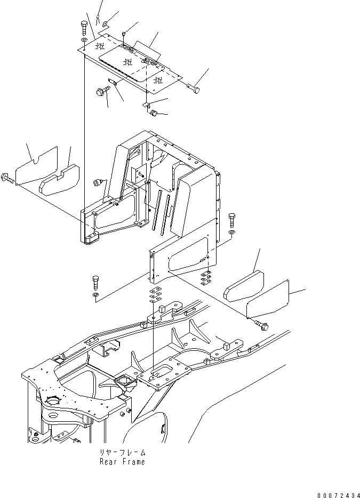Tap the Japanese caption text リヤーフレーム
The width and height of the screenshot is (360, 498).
click(122, 452)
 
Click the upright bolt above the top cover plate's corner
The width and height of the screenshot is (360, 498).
click(84, 28)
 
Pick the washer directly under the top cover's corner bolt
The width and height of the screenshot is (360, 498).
click(84, 39)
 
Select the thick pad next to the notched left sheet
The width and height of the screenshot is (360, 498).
click(59, 180)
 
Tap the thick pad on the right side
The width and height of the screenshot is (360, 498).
click(244, 286)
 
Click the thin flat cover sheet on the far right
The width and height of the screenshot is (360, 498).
click(268, 299)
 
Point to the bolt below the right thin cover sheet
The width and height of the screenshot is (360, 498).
click(261, 325)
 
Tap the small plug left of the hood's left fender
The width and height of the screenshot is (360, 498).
click(97, 182)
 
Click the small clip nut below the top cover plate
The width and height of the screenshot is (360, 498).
click(155, 113)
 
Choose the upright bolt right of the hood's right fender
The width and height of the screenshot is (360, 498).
click(232, 220)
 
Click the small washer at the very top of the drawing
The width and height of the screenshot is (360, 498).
click(106, 23)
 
